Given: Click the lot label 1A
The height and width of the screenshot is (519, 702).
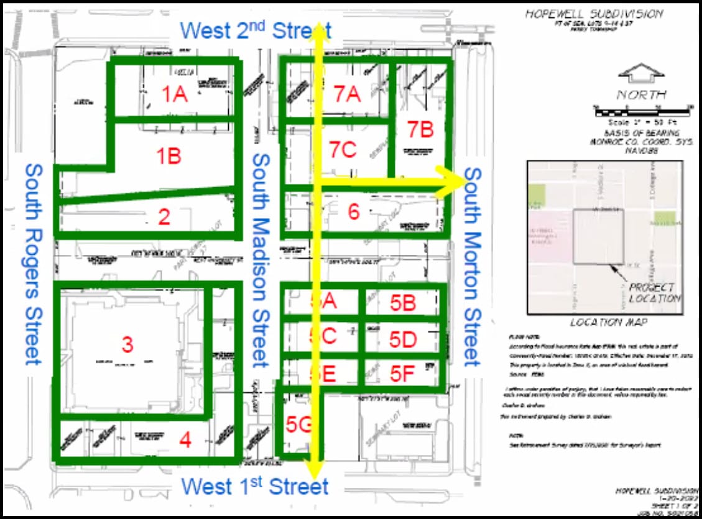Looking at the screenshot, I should coord(175,94).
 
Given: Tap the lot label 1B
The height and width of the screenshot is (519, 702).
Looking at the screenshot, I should coord(169,155).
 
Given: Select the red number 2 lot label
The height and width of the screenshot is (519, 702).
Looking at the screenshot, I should coord(164,217).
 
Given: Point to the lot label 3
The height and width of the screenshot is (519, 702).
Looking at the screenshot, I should coord(127,344).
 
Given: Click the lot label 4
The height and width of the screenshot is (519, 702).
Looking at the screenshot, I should coord(185,440).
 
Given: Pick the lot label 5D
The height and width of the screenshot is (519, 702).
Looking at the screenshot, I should coord(403,339).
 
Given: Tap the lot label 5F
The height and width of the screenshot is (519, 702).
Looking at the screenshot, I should coord(402,374).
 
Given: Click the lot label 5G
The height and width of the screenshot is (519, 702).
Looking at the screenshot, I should coord(298,424).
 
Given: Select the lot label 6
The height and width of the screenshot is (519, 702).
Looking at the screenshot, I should coord(354,212).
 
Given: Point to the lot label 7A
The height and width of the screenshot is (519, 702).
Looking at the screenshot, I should coord(347,94).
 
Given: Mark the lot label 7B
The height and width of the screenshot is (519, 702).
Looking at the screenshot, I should coord(420,129).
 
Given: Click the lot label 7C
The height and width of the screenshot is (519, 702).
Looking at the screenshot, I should coord(343,150).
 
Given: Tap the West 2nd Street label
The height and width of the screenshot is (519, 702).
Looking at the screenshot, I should coord(256,30).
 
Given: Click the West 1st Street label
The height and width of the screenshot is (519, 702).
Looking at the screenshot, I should coord(255,486).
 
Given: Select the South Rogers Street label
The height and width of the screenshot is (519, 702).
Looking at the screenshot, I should coord(34,264).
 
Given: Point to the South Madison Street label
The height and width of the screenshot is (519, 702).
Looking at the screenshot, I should coord(260,261).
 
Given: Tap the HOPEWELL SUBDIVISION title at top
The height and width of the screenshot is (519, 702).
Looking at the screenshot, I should coord(594,14).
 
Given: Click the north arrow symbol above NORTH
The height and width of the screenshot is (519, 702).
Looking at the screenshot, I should coord(641,74).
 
